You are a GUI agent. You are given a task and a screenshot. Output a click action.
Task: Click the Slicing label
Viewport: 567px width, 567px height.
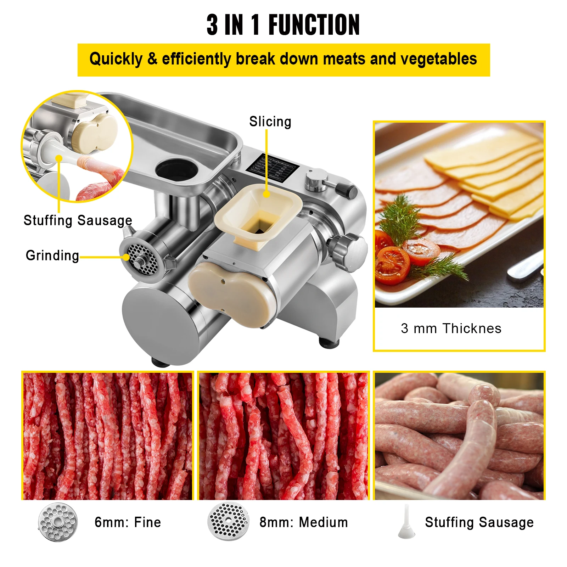(x=270, y=122)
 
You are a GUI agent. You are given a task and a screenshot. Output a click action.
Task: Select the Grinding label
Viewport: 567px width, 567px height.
(x=52, y=256)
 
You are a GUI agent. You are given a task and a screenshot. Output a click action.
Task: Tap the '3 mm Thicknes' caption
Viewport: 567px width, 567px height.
(x=451, y=329)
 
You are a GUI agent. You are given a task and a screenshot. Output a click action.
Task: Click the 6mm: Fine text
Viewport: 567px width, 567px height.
(x=128, y=522)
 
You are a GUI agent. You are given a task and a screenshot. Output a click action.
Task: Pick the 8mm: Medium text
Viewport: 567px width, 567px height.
(x=303, y=522)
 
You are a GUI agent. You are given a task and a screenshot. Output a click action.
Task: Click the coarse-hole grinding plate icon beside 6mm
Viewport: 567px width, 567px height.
(x=58, y=522)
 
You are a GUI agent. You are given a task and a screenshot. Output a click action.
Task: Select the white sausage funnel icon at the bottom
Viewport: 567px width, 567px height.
(x=406, y=522)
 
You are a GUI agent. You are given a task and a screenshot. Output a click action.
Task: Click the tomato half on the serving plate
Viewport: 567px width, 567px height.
(x=392, y=265)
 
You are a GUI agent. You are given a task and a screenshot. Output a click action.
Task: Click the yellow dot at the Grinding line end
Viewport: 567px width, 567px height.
(x=126, y=257)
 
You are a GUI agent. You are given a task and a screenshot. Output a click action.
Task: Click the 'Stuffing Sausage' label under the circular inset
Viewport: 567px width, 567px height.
(x=78, y=220)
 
